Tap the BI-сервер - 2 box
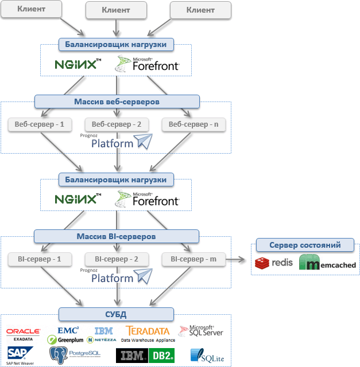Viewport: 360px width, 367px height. (116, 259)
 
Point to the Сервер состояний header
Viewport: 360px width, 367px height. (305, 245)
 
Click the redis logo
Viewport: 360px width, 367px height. (274, 263)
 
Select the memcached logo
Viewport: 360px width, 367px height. (328, 264)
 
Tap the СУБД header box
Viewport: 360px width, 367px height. (117, 314)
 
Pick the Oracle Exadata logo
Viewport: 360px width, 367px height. (23, 334)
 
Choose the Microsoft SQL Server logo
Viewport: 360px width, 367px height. (200, 331)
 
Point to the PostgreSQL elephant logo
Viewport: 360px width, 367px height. (75, 355)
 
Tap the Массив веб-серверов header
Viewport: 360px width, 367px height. (117, 101)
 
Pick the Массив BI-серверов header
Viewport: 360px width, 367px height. (117, 236)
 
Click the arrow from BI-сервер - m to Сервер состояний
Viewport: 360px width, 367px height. (238, 259)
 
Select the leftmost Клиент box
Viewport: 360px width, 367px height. (32, 10)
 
